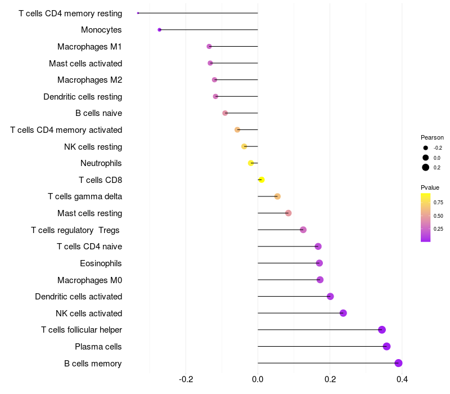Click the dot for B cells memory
(x=398, y=363)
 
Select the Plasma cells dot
(x=386, y=346)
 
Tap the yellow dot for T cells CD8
(x=261, y=180)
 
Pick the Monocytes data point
(x=160, y=30)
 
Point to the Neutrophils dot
(x=251, y=163)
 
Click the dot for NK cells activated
(x=343, y=313)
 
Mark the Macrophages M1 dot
(x=209, y=47)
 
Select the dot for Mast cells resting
(x=289, y=213)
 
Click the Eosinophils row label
(x=101, y=263)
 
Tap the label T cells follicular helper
(x=82, y=330)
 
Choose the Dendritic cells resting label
(x=83, y=97)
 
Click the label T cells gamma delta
(x=85, y=196)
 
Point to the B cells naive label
(x=99, y=113)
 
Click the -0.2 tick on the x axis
(x=186, y=379)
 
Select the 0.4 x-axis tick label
(x=402, y=379)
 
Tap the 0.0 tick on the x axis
(x=258, y=379)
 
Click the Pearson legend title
(x=432, y=137)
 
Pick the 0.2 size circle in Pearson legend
(x=426, y=167)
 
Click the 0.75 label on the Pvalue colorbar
(x=438, y=203)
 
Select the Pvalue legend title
(x=430, y=187)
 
